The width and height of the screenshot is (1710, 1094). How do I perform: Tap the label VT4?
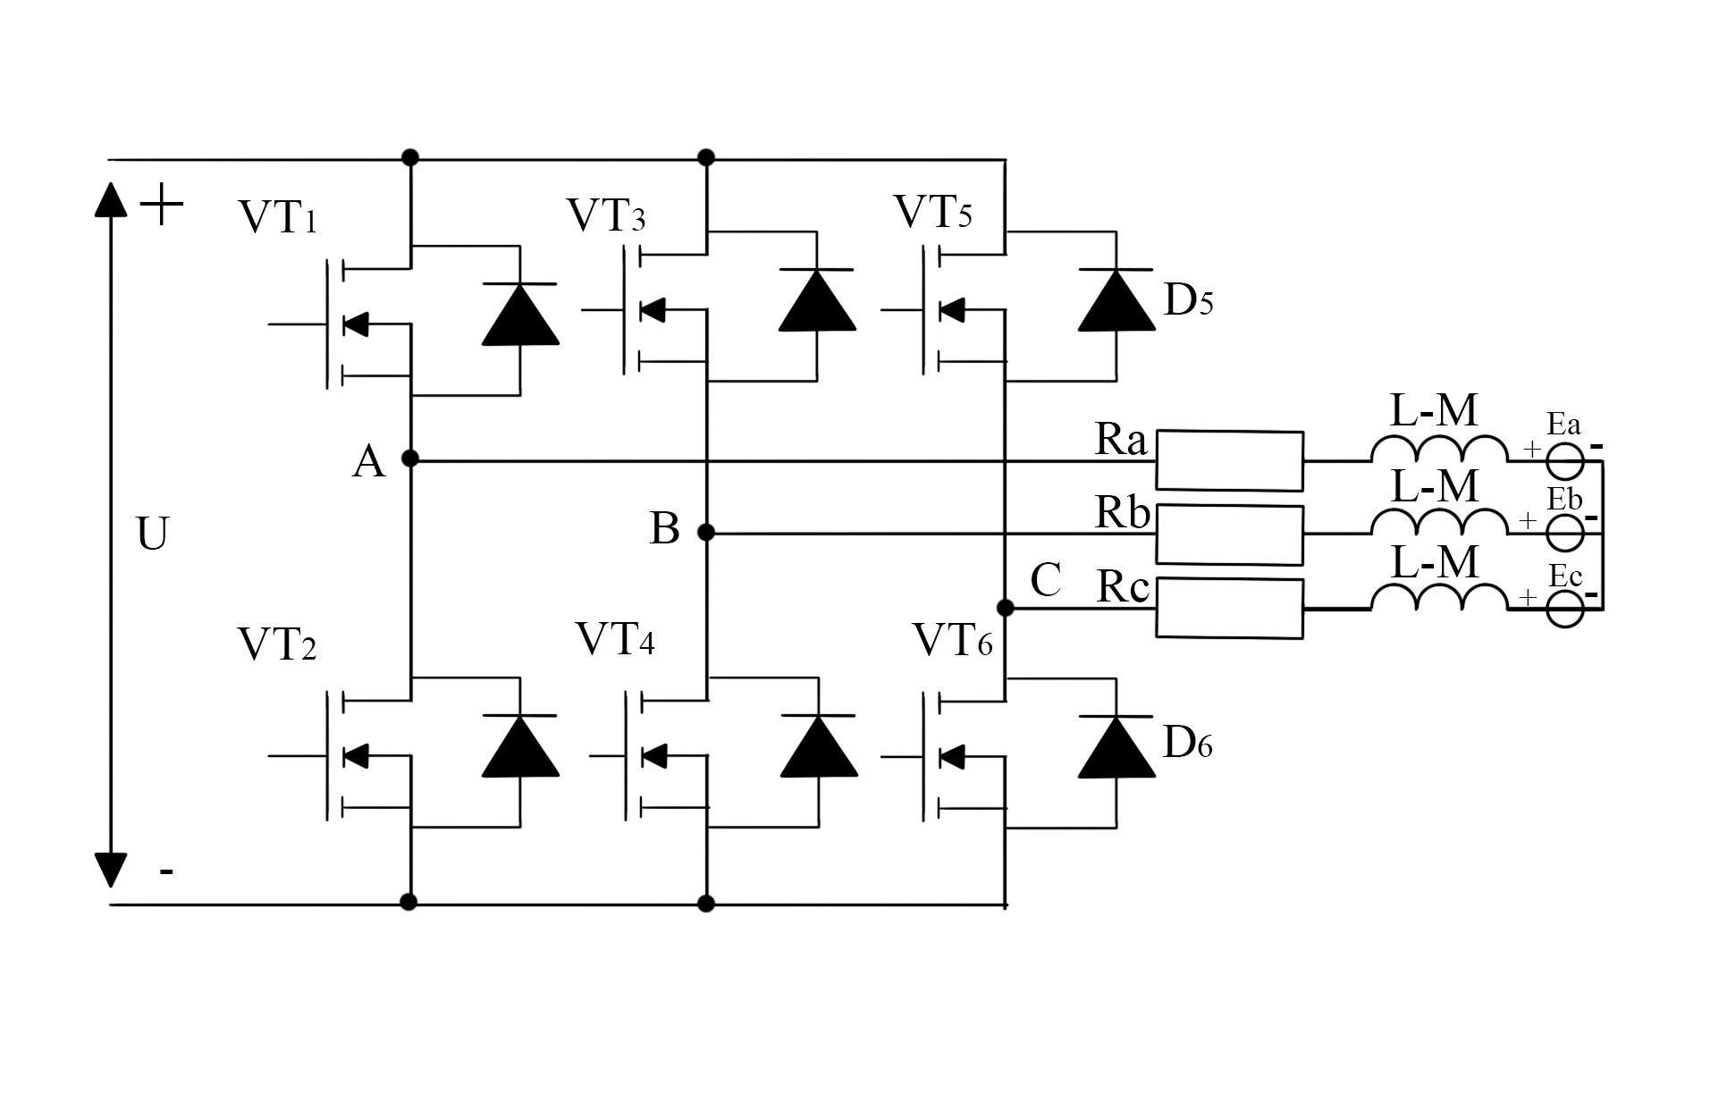click(615, 640)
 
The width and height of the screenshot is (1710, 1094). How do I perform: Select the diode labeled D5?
click(1116, 301)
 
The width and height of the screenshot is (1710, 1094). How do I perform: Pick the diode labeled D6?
click(1116, 746)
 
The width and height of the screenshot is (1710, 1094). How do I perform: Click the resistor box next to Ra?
click(1229, 460)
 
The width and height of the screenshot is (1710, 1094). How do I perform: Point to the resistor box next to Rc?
click(1229, 608)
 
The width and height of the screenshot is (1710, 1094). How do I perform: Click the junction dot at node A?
click(410, 459)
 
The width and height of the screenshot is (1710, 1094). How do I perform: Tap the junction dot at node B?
click(706, 533)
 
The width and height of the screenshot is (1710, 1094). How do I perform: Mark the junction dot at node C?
click(1005, 608)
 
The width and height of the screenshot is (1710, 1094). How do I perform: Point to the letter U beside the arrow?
click(153, 534)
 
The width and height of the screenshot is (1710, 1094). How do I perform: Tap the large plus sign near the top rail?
click(162, 206)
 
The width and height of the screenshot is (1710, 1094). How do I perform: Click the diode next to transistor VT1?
click(520, 315)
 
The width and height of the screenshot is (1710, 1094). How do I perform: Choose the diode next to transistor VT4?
click(818, 746)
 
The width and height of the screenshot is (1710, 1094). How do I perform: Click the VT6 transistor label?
click(952, 641)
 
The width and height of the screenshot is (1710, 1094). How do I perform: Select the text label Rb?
click(1123, 513)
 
